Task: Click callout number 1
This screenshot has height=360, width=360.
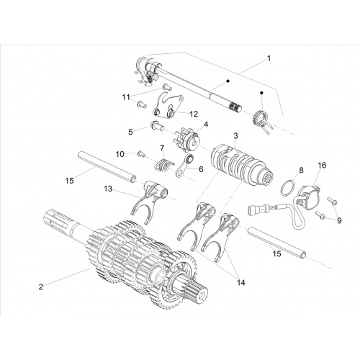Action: [269, 58]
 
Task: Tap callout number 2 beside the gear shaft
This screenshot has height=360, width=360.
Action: [41, 287]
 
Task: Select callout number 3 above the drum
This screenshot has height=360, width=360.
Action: [235, 136]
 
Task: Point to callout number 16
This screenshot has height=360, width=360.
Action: [322, 165]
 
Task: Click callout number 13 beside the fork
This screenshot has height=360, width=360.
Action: [108, 189]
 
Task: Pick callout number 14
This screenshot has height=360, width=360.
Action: [241, 282]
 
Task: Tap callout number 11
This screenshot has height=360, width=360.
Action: [126, 97]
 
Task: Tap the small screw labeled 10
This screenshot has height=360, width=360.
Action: [140, 155]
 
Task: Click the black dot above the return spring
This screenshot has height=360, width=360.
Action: [262, 93]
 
